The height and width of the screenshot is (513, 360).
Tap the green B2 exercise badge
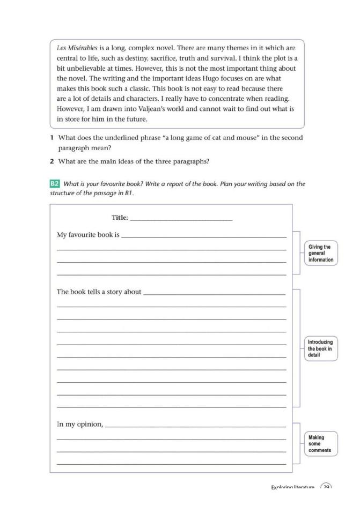coord(54,184)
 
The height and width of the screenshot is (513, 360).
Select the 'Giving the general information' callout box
coord(321,254)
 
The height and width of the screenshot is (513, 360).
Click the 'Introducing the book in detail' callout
coord(321,348)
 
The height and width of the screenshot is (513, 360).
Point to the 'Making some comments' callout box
coord(321,444)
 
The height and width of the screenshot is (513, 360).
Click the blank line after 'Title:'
coord(181,219)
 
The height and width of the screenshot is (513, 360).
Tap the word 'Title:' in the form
coord(120,218)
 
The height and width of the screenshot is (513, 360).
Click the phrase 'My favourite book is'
coord(88,235)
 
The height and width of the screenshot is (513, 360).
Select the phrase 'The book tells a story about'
coord(99,292)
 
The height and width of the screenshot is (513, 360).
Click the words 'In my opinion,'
coord(80,424)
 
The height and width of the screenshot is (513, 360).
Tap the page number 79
coord(326,487)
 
